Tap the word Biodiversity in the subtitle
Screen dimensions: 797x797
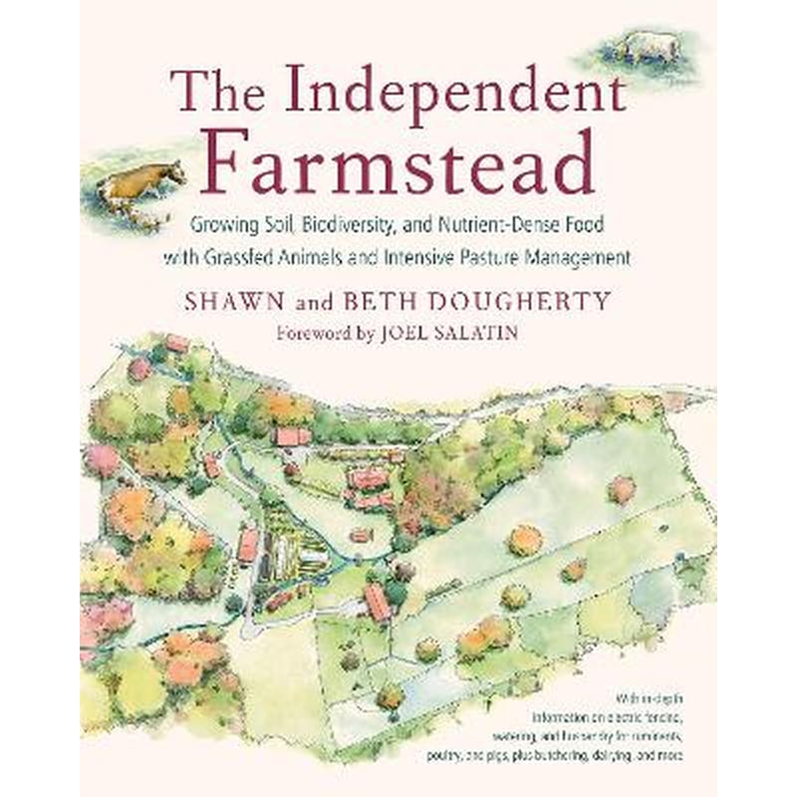tap(344, 226)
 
